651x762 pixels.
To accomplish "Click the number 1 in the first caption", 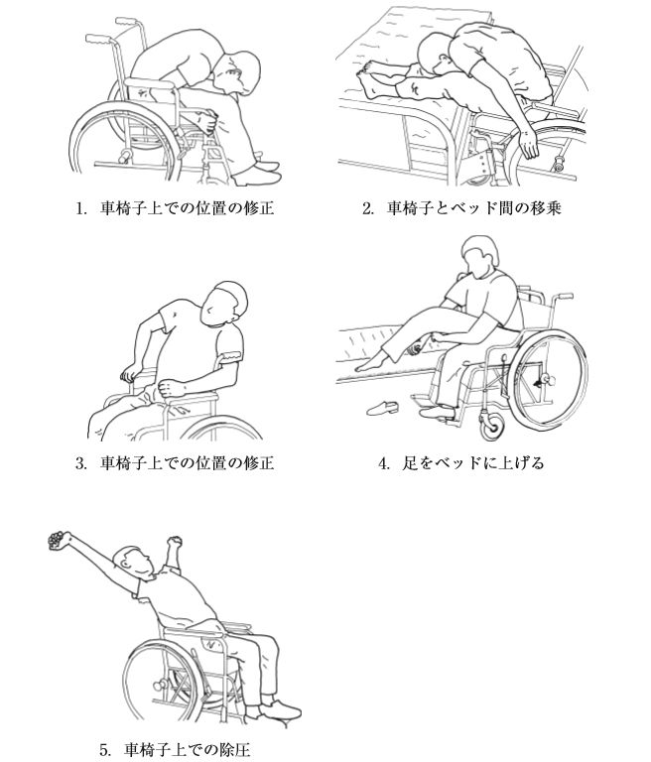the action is (79, 208).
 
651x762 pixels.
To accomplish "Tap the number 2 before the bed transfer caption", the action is (366, 208).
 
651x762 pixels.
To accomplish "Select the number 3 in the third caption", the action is (79, 463).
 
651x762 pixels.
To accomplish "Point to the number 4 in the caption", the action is (383, 463).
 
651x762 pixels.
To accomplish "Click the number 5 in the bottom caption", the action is (104, 749).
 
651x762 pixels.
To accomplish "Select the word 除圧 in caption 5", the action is (235, 749).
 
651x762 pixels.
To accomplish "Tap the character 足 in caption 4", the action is (410, 463).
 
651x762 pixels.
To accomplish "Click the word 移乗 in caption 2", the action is (546, 208).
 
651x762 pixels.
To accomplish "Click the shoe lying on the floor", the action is (382, 407).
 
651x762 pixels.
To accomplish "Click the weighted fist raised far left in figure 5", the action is (58, 541).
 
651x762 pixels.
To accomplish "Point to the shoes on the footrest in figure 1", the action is (257, 171).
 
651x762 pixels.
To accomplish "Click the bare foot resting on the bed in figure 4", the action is (371, 363).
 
